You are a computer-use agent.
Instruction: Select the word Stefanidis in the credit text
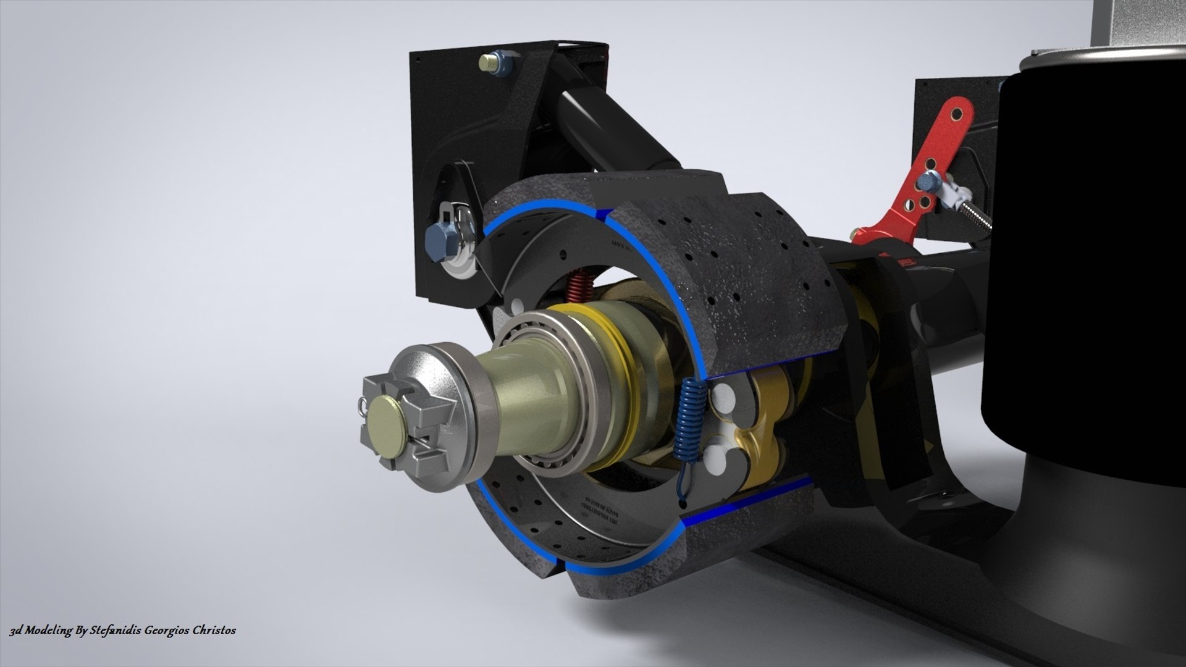pos(117,631)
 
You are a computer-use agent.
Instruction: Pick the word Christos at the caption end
pos(214,631)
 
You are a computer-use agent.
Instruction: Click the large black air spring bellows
pos(1081,247)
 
